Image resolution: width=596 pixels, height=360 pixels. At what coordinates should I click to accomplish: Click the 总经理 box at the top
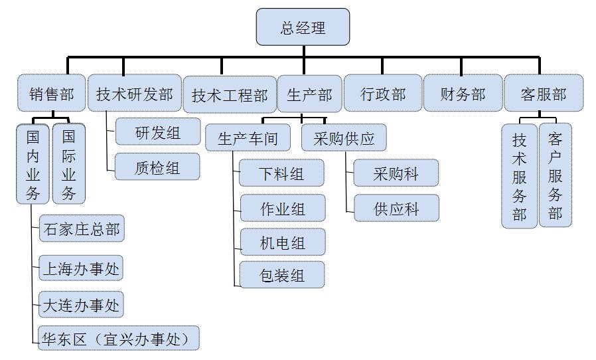303,27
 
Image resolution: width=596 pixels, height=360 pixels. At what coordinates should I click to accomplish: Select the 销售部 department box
52,93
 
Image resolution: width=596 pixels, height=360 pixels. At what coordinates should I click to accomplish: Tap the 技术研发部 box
133,93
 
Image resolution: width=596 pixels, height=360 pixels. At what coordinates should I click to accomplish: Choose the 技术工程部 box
229,94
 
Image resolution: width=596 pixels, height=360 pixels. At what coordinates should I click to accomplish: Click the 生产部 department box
309,93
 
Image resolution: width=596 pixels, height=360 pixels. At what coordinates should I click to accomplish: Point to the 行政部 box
383,93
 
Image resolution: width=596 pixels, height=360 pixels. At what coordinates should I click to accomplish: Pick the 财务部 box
463,93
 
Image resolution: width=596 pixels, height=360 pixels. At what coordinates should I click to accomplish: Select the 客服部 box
544,93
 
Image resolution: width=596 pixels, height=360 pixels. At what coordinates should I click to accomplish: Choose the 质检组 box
157,167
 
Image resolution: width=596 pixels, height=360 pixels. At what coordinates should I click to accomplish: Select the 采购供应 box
344,138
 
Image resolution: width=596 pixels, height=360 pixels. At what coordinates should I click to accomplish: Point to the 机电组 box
283,242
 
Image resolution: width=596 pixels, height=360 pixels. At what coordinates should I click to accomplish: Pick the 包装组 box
283,274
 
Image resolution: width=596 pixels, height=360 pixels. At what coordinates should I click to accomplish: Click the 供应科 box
396,208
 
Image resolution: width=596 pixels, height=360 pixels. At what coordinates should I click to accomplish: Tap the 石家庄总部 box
82,229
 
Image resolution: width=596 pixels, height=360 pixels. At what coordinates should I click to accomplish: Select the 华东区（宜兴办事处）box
119,338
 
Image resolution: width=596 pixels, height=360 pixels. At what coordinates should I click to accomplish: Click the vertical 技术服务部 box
519,175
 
